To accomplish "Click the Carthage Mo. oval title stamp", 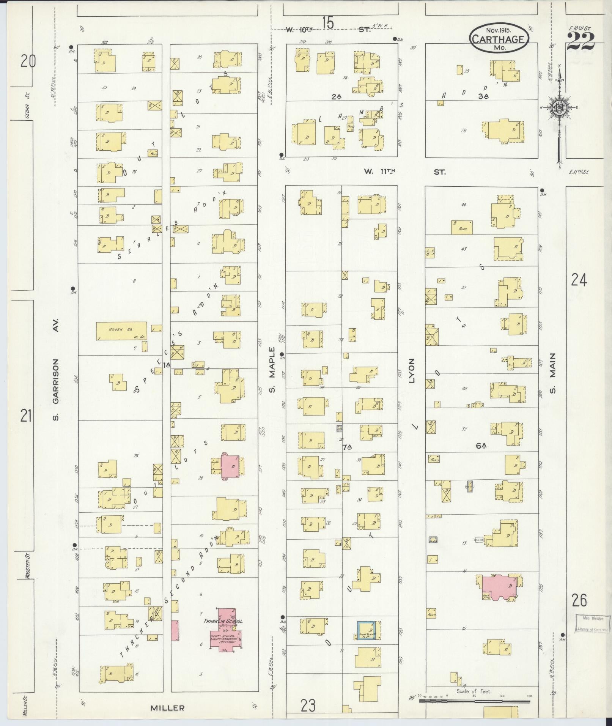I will [499, 39].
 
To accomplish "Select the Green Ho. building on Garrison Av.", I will [121, 331].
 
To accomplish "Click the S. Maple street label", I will [272, 370].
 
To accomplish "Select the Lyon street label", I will [412, 370].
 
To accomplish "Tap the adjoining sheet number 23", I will [308, 706].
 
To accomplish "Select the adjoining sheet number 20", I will [28, 61].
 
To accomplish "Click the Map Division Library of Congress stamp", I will [592, 624].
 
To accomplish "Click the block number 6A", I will [481, 446].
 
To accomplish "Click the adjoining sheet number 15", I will [328, 24].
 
